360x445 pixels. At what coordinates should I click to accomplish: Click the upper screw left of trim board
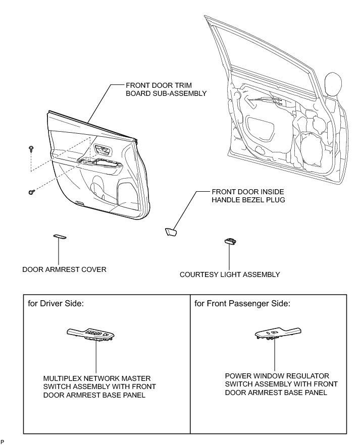pyautogui.click(x=31, y=148)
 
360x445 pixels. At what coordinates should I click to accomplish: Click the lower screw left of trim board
pyautogui.click(x=31, y=192)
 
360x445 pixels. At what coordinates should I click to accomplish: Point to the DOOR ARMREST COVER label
pyautogui.click(x=64, y=269)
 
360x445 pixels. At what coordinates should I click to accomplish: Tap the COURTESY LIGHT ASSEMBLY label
pyautogui.click(x=230, y=275)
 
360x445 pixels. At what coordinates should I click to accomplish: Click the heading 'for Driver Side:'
pyautogui.click(x=57, y=304)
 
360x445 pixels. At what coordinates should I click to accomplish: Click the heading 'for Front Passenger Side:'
pyautogui.click(x=242, y=304)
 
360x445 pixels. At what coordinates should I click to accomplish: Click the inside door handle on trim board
pyautogui.click(x=102, y=150)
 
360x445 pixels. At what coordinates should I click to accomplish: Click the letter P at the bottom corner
pyautogui.click(x=3, y=442)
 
